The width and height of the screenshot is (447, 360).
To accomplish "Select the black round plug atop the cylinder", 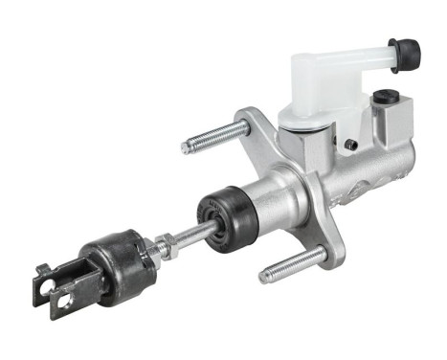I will [x=386, y=97].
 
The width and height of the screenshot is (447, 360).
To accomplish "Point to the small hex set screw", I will [x=351, y=144].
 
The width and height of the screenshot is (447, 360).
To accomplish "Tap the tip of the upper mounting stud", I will [x=187, y=147].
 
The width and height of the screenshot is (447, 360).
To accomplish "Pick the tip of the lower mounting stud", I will [x=265, y=278].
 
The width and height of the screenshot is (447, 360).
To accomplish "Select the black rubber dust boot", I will [x=227, y=216].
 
